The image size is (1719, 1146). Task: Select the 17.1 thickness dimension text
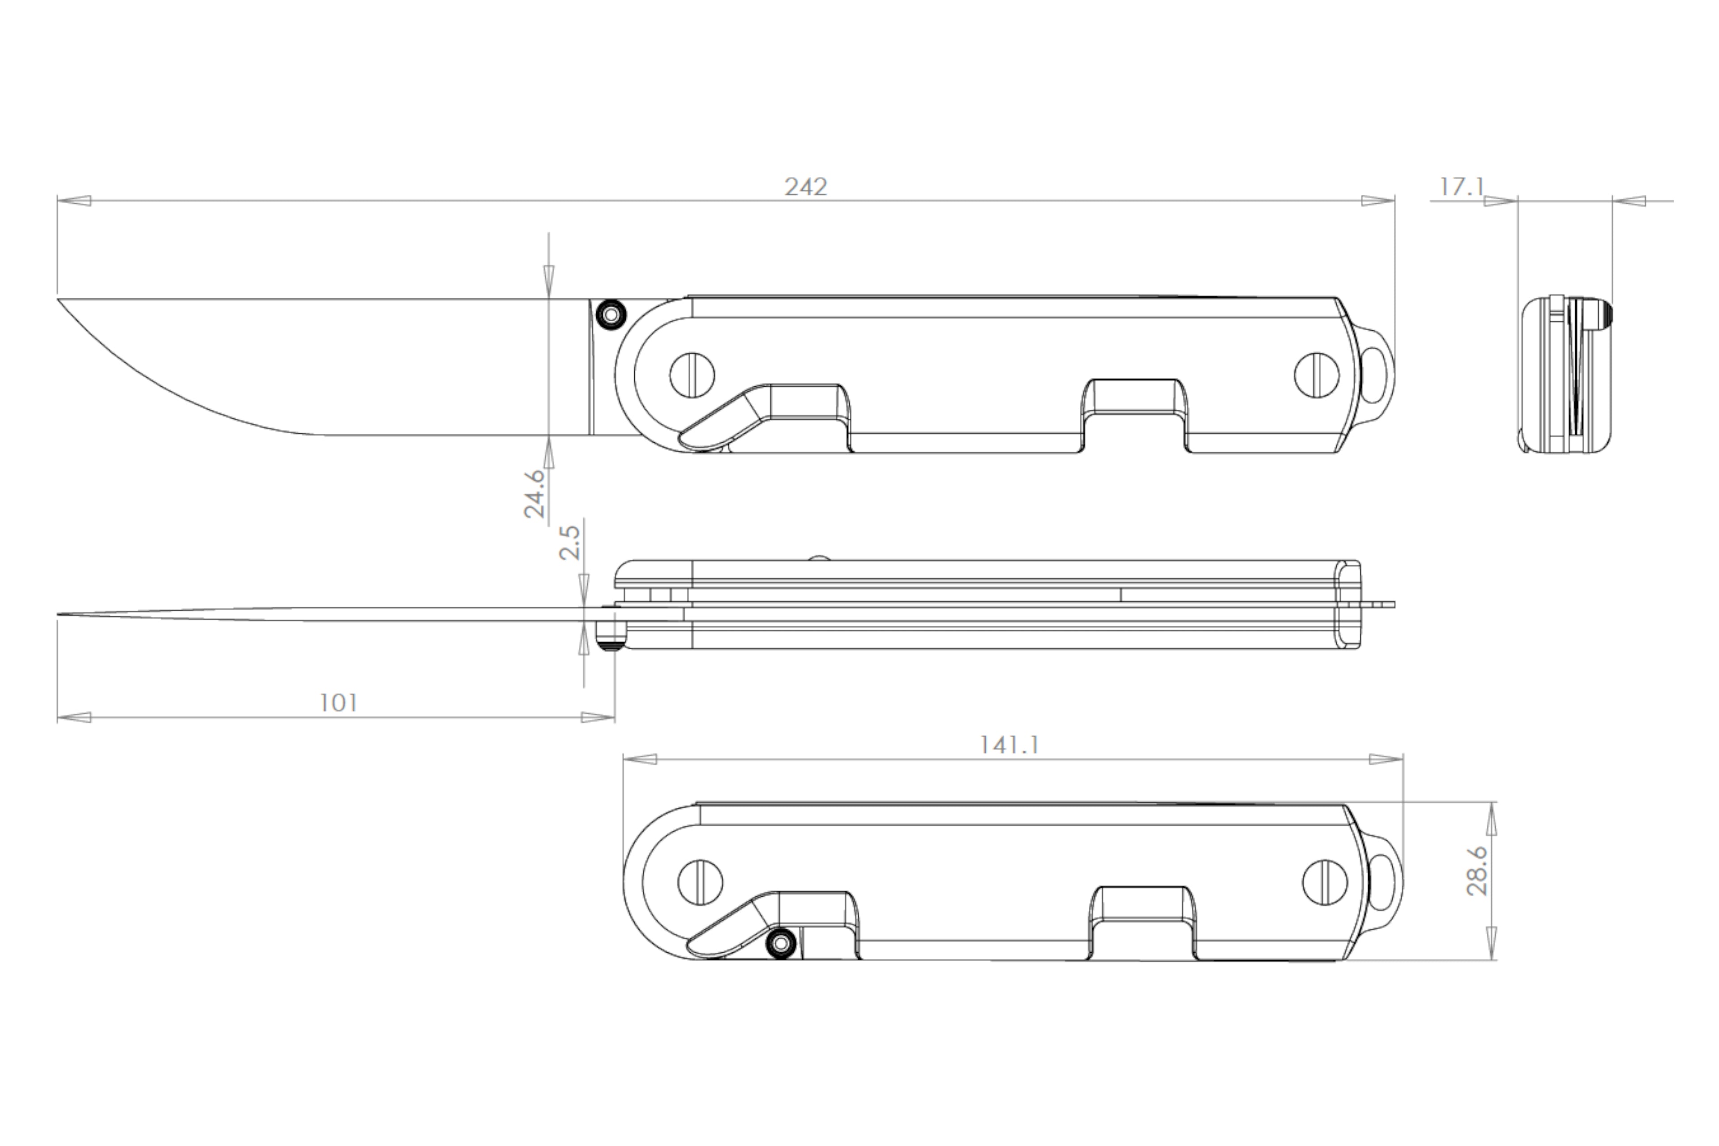click(x=1461, y=187)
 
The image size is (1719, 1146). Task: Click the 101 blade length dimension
click(x=338, y=703)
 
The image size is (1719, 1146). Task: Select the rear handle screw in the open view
click(x=1316, y=376)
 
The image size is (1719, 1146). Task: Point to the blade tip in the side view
click(x=60, y=299)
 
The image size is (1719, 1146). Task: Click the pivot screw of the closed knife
click(x=700, y=882)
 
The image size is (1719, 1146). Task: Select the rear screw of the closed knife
click(x=1325, y=882)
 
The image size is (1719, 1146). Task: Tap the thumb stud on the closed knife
click(x=781, y=944)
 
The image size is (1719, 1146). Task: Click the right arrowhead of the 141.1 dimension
click(x=1386, y=759)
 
